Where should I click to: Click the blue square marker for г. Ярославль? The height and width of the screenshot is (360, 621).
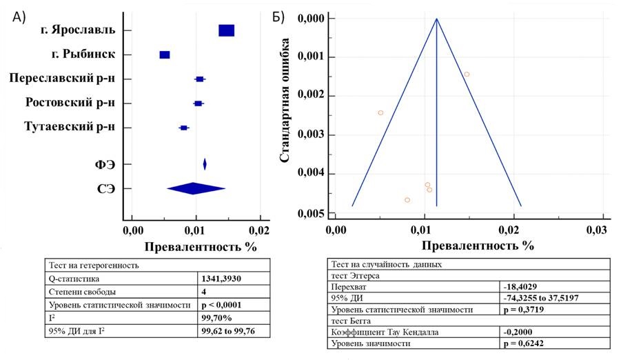click(226, 30)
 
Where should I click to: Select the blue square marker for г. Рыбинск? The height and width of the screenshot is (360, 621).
click(164, 55)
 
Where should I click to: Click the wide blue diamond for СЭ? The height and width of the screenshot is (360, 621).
click(196, 188)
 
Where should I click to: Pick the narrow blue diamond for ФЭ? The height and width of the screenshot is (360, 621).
click(205, 164)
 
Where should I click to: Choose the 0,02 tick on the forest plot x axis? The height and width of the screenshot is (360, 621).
click(259, 228)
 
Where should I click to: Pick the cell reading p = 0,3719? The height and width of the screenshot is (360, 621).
click(526, 310)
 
